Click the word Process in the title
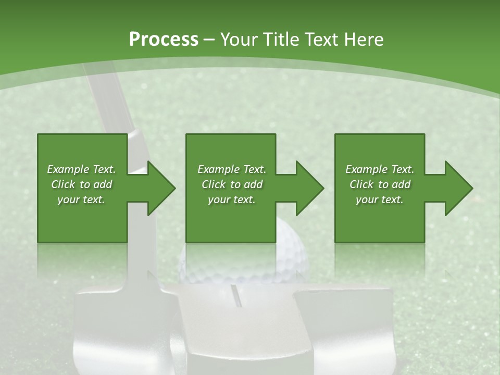pos(164,40)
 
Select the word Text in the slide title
pos(322,40)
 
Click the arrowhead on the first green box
pos(161,188)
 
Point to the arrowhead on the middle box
pos(310,188)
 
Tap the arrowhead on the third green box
pos(459,188)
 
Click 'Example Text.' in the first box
pos(81,169)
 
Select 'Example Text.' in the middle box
pos(232,169)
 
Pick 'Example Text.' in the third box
pos(380,169)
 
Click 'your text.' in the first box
pos(81,199)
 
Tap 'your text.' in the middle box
pos(232,199)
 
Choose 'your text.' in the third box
pos(380,199)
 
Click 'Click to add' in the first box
pos(81,184)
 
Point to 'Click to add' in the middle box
pos(232,184)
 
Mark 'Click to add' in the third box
pos(380,184)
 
